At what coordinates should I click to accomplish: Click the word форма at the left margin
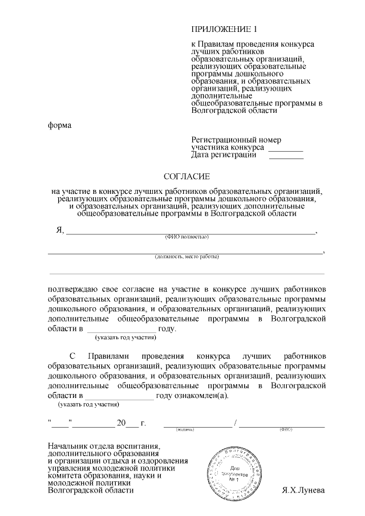59,125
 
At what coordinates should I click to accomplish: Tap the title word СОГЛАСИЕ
187,177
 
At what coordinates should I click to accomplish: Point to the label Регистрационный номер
236,140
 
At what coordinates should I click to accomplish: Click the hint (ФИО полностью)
186,237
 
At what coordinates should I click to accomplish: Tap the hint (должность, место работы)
186,257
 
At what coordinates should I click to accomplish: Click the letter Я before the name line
59,230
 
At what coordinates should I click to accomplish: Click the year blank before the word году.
121,330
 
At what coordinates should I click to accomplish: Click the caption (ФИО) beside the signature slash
286,429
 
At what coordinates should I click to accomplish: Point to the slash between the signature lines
235,424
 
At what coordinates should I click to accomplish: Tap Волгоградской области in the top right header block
234,111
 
